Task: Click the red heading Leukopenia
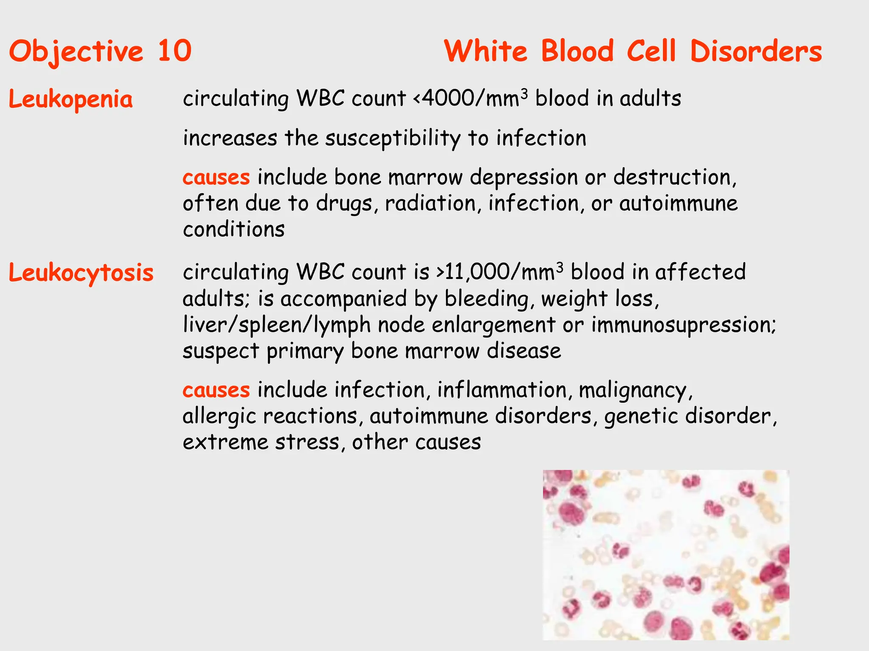[70, 100]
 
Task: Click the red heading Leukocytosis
[81, 273]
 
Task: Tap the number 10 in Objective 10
[174, 51]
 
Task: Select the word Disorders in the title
[756, 51]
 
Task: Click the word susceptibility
[392, 138]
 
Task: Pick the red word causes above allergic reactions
[216, 389]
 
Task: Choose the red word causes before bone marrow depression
[216, 177]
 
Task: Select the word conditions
[233, 229]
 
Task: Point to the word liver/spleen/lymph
[276, 325]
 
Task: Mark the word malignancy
[635, 390]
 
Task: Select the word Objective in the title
[76, 51]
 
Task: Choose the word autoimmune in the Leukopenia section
[678, 203]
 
